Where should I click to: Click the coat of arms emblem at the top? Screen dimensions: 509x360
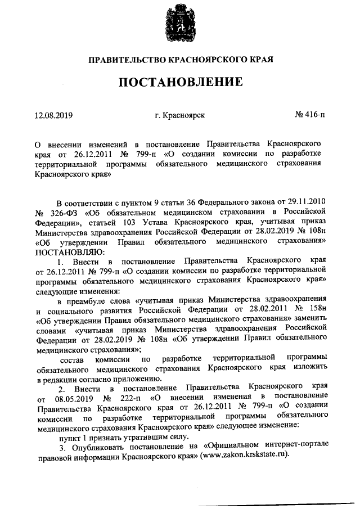(180, 23)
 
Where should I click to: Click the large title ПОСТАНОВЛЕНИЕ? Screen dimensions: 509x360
(180, 83)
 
